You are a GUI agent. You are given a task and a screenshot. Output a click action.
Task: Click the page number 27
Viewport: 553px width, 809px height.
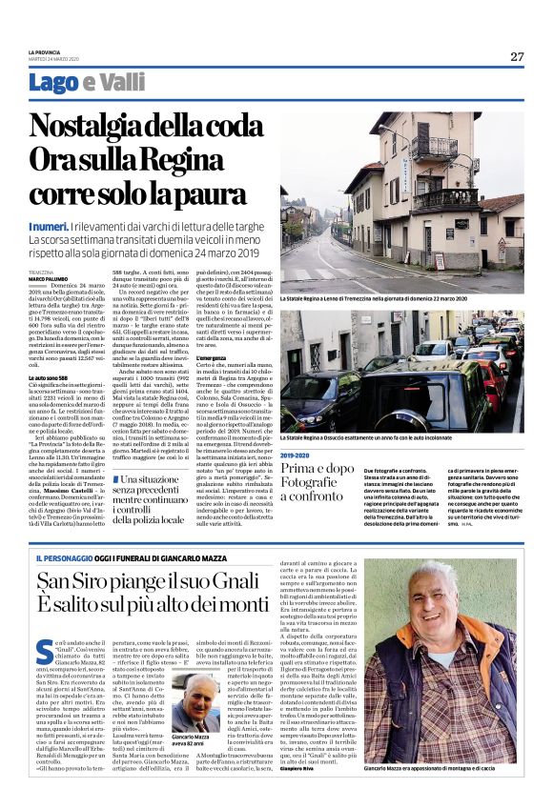[517, 56]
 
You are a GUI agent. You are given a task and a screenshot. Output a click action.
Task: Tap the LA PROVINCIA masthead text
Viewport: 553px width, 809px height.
[47, 51]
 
